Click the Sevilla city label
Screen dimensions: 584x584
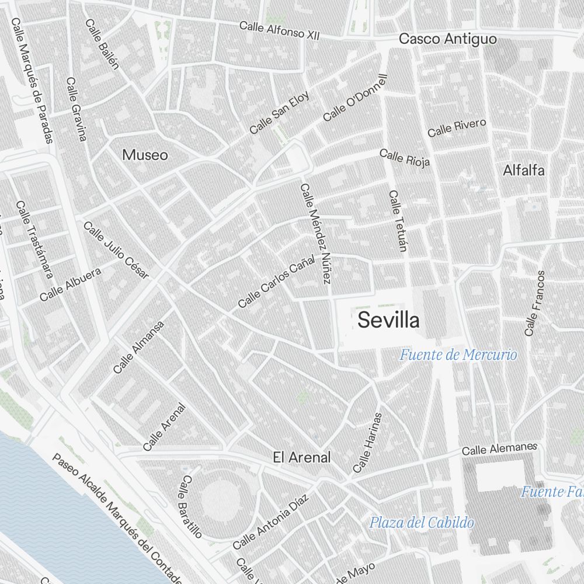point(388,320)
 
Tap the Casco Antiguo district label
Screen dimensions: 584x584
point(447,39)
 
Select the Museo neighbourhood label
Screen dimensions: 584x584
point(145,155)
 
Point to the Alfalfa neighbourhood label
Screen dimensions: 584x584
point(524,171)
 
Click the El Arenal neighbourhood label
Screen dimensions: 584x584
point(301,457)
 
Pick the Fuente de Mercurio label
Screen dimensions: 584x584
point(458,354)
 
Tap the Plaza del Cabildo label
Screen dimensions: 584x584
point(421,522)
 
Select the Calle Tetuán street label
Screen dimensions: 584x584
point(397,221)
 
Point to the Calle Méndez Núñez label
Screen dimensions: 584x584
point(316,234)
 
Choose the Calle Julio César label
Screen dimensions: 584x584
point(116,250)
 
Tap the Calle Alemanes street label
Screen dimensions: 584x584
point(499,449)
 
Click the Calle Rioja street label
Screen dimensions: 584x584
point(404,157)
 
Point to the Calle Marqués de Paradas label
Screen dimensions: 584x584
point(32,80)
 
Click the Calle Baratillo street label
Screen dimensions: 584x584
point(190,506)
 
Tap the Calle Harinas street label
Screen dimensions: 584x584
point(367,443)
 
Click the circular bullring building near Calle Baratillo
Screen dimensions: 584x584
point(221,500)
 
